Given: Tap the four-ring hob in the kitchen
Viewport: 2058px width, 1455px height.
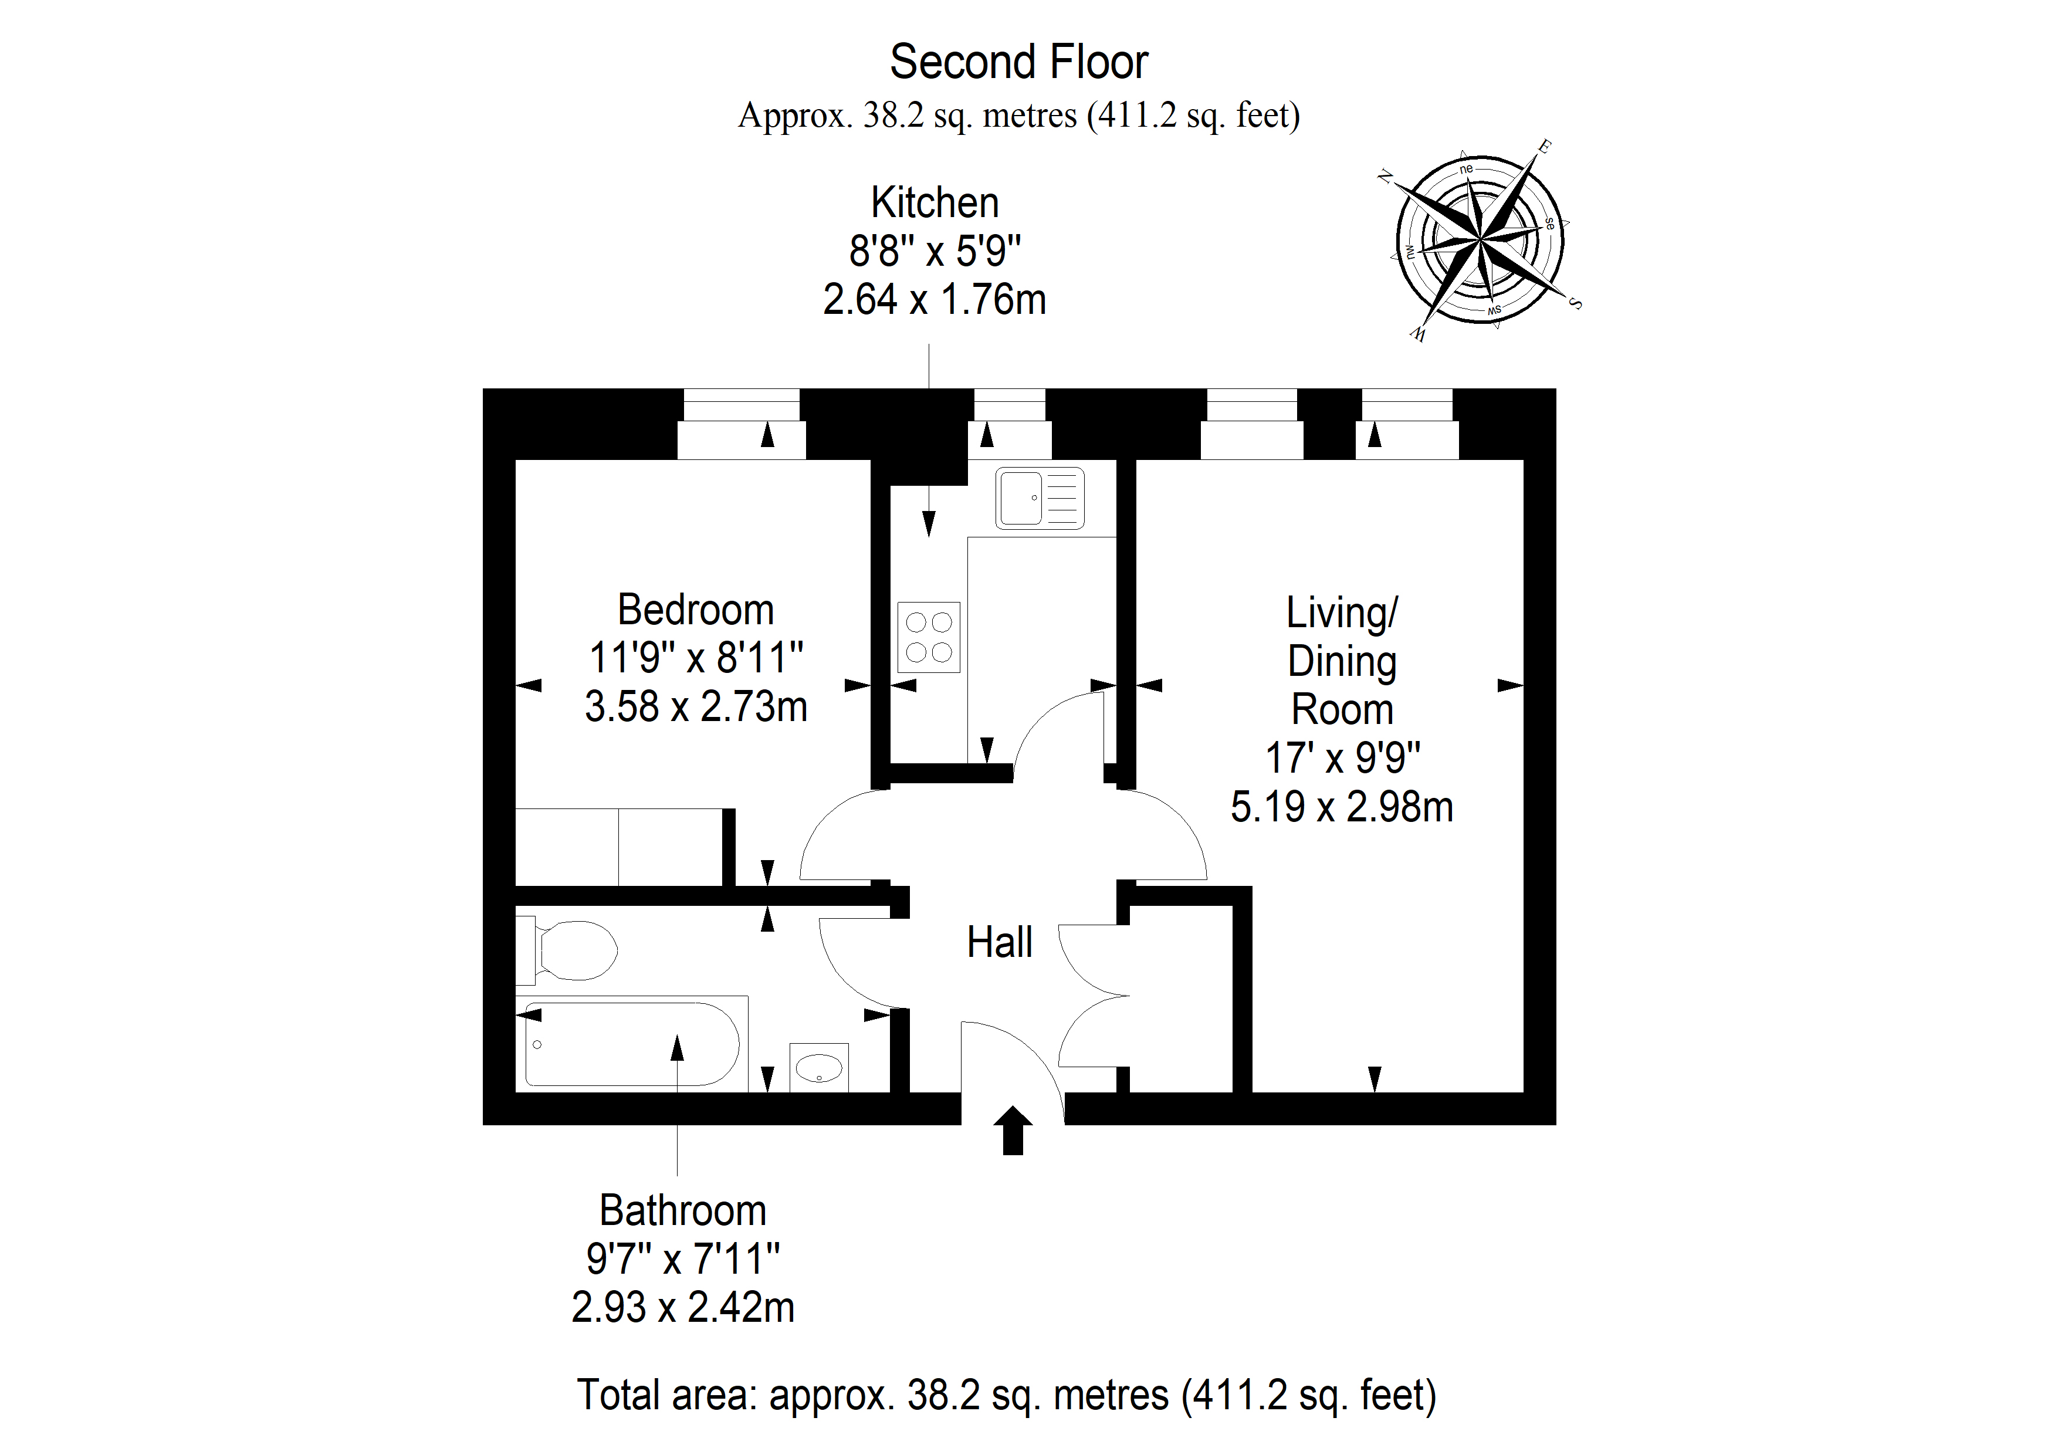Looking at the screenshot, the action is [x=929, y=637].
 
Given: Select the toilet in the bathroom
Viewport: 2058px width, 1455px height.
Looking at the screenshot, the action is [x=567, y=949].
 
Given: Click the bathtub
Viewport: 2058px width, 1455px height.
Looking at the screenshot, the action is [x=632, y=1044].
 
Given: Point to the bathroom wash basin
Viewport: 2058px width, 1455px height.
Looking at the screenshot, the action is [x=819, y=1067].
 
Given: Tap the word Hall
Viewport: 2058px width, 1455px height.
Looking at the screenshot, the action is [x=1000, y=942].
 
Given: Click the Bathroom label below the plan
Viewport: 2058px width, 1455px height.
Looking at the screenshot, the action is [x=683, y=1210].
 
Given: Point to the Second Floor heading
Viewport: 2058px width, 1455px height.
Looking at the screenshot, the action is [x=1019, y=62].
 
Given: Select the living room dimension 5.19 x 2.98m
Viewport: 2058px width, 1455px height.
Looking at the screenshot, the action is [x=1342, y=807].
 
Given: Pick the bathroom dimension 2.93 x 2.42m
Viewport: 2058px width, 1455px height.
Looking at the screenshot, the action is [x=683, y=1307].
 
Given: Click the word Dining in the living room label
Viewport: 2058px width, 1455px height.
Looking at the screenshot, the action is [x=1342, y=662].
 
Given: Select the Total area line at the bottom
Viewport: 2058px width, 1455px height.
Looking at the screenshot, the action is [x=1007, y=1395].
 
